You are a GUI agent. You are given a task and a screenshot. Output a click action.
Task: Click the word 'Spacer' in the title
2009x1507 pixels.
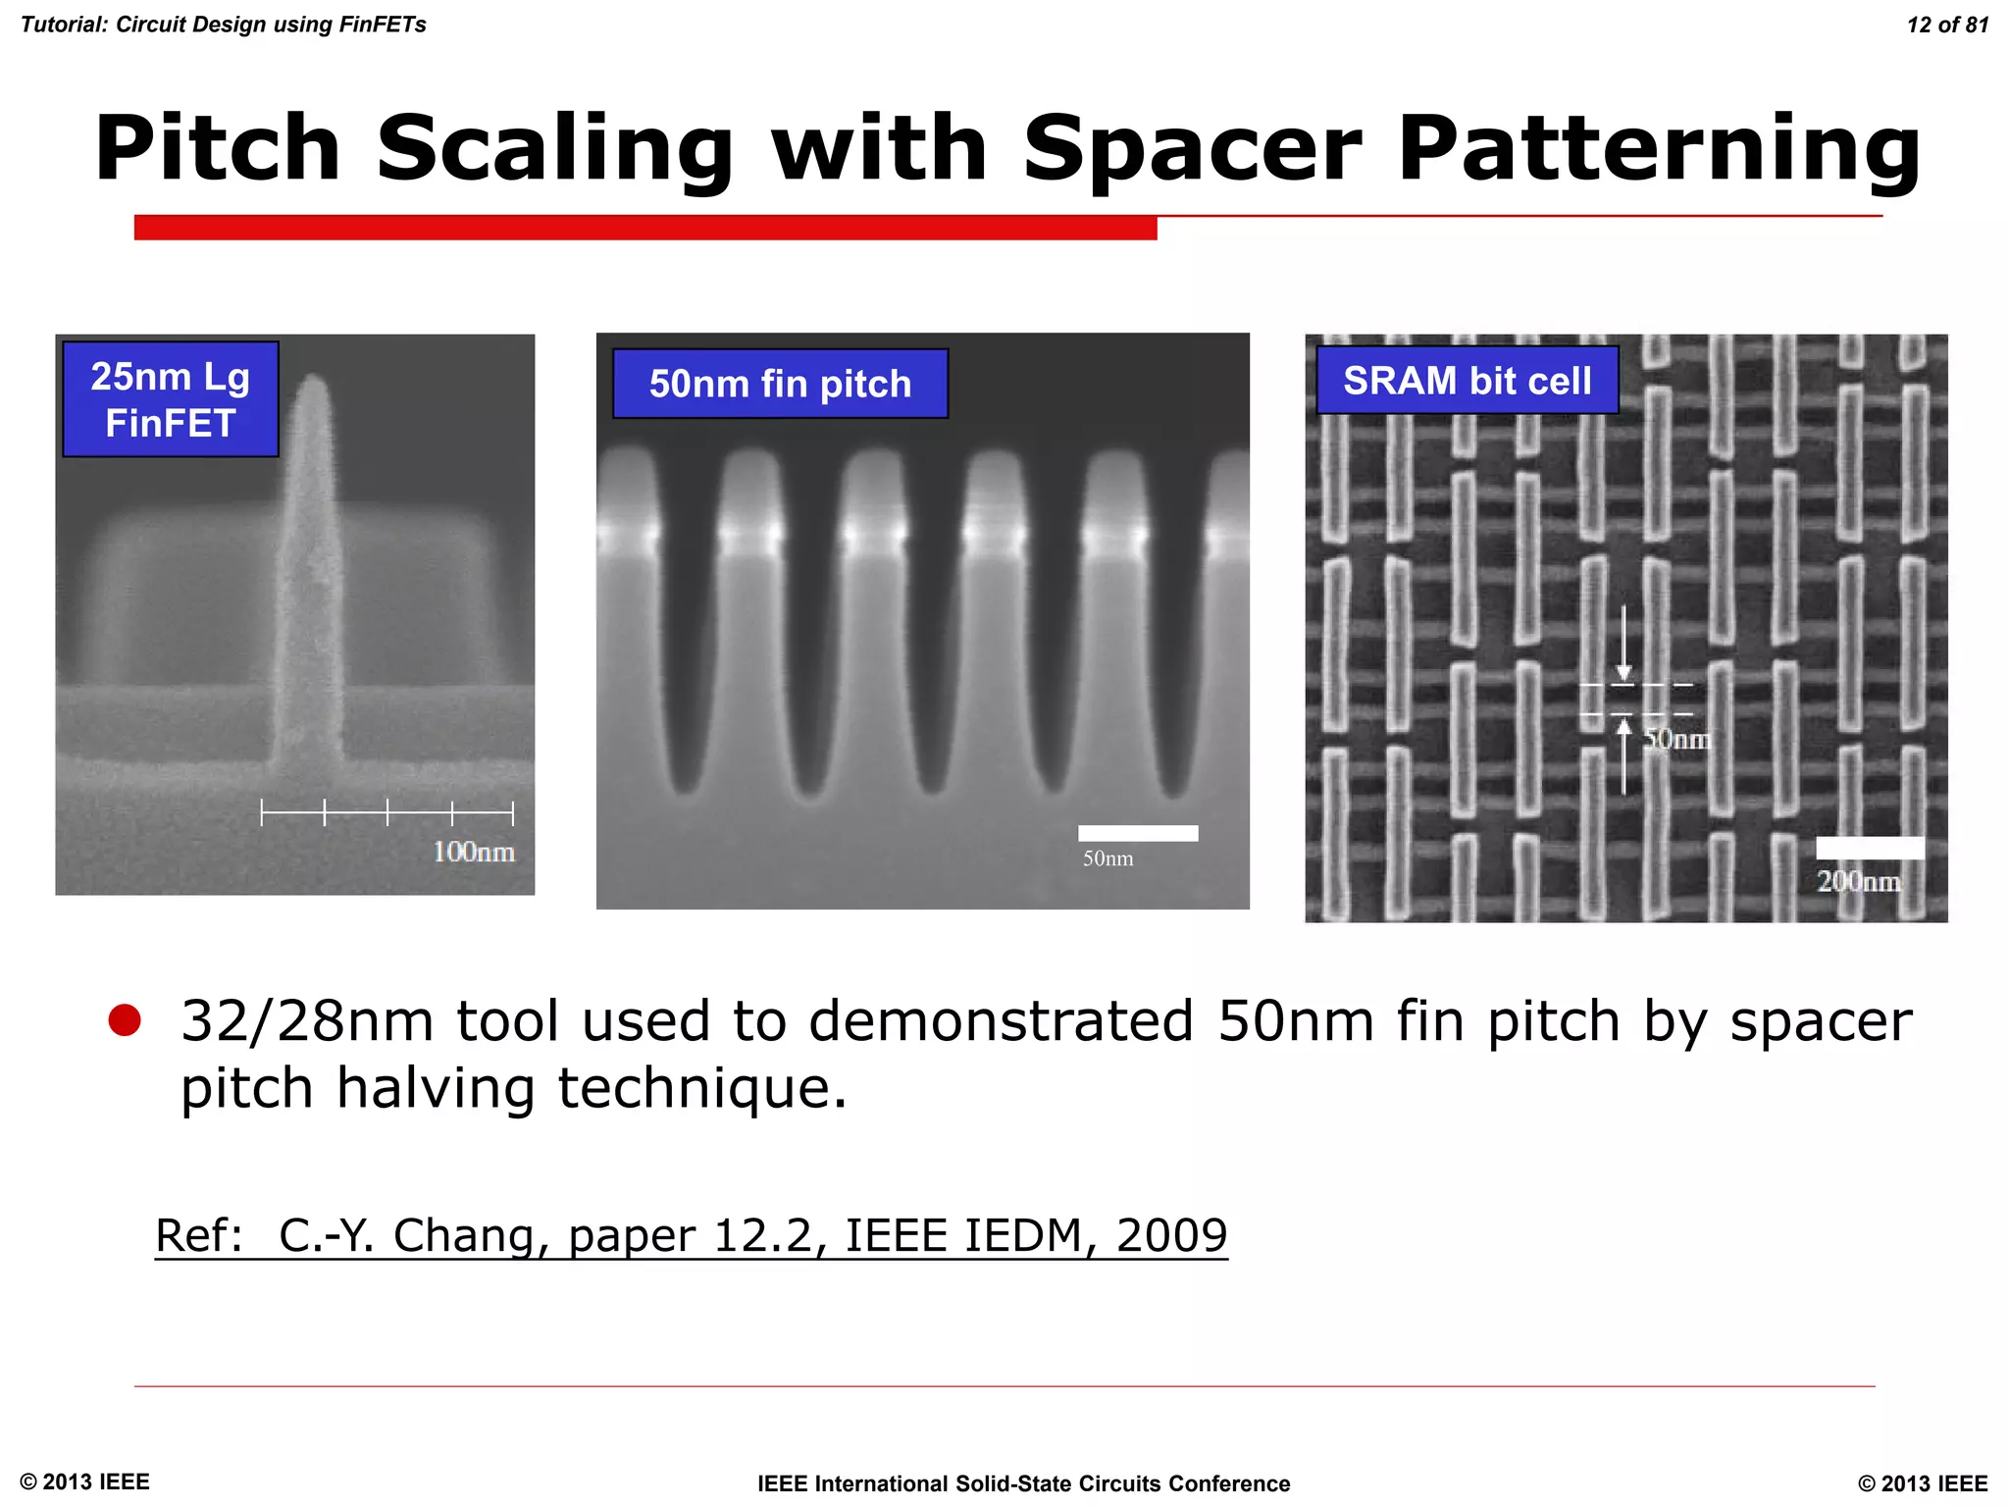pyautogui.click(x=1193, y=149)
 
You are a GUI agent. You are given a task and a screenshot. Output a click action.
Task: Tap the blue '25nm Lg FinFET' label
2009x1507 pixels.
pyautogui.click(x=171, y=399)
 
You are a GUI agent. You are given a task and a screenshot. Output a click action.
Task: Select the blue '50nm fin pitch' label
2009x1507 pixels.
pyautogui.click(x=780, y=384)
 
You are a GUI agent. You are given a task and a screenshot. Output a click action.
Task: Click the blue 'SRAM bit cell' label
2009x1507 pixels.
pyautogui.click(x=1467, y=381)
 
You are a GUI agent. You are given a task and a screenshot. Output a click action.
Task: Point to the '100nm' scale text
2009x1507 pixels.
pyautogui.click(x=474, y=852)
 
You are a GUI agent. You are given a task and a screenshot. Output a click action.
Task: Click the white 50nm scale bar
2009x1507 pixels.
pyautogui.click(x=1138, y=833)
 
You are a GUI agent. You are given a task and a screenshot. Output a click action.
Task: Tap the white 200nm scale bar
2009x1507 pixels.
pyautogui.click(x=1870, y=849)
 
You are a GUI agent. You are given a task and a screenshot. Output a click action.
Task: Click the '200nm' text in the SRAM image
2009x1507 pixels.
pyautogui.click(x=1858, y=881)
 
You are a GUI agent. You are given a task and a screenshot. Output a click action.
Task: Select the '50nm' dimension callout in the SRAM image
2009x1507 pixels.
pyautogui.click(x=1676, y=739)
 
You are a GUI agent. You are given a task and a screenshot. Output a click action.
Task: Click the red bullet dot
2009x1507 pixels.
pyautogui.click(x=125, y=1020)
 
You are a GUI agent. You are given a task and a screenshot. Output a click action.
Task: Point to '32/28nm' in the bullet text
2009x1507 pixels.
pyautogui.click(x=307, y=1021)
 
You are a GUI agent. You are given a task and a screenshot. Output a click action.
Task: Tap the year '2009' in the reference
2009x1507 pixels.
pyautogui.click(x=1171, y=1235)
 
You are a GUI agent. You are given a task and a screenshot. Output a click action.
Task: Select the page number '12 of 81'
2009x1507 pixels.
pyautogui.click(x=1947, y=26)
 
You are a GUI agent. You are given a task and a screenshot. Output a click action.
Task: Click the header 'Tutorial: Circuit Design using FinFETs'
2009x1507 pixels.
pyautogui.click(x=224, y=25)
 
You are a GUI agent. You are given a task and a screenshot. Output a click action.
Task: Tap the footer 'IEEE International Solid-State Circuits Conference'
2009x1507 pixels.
pyautogui.click(x=1023, y=1483)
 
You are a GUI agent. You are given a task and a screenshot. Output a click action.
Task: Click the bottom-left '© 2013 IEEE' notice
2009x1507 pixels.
pyautogui.click(x=85, y=1481)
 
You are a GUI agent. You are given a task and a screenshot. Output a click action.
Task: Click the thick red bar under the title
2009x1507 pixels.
pyautogui.click(x=645, y=228)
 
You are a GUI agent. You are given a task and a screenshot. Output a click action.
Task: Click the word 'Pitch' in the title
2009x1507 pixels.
pyautogui.click(x=218, y=149)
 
